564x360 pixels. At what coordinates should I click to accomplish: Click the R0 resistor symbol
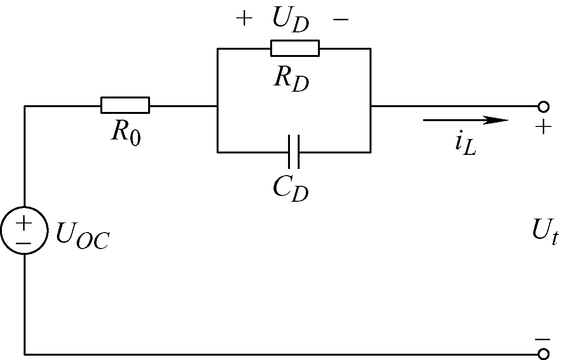(x=125, y=105)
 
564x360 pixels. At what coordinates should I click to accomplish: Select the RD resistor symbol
(x=295, y=48)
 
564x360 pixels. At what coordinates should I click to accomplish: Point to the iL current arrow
(x=466, y=120)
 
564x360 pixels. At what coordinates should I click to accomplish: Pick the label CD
(x=290, y=189)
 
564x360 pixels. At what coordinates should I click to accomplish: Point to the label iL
(x=465, y=145)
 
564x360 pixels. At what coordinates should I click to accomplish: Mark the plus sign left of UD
(x=244, y=19)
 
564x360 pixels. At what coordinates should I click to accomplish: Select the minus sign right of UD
(x=341, y=19)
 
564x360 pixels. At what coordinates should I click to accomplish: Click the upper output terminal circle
(x=543, y=106)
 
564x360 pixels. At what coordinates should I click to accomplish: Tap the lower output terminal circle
(x=543, y=354)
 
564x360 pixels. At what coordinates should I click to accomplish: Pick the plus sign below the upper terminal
(x=543, y=127)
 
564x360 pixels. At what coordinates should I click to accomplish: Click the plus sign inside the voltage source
(x=23, y=223)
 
